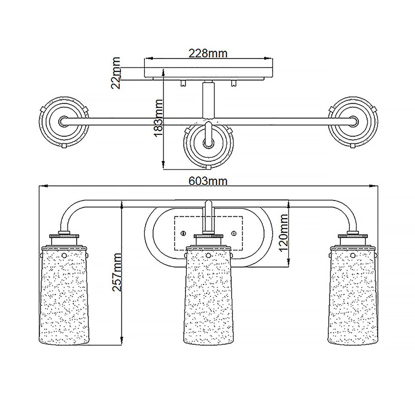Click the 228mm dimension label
208,53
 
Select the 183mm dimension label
159,118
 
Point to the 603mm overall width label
208,181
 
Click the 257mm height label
117,272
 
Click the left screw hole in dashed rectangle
183,233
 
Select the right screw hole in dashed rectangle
234,233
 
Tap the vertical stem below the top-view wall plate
208,100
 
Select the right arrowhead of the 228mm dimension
268,58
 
